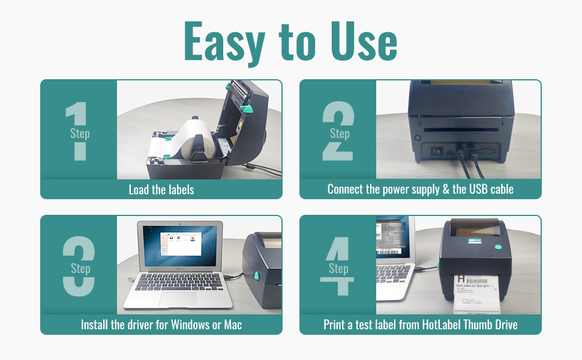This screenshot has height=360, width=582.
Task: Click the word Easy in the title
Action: [x=224, y=42]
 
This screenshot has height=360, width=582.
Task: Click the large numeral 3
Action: [x=79, y=266]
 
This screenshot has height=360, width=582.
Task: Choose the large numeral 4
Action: [x=338, y=266]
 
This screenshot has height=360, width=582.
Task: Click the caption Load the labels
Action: [x=161, y=190]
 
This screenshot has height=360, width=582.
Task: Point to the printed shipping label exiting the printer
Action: [x=481, y=294]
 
